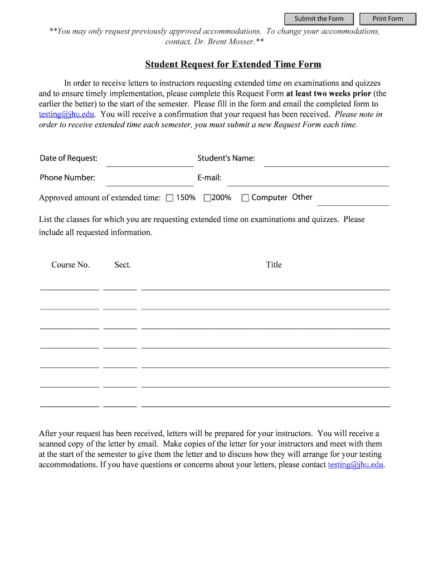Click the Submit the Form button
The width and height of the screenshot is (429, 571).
[x=319, y=19]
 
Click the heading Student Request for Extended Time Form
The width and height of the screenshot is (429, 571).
[x=233, y=65]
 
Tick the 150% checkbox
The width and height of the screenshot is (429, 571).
[x=170, y=198]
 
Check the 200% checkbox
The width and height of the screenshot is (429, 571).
[x=207, y=198]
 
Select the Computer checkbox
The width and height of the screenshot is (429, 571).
[x=244, y=198]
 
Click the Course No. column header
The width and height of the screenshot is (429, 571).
[x=70, y=265]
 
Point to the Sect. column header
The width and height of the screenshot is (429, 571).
[x=123, y=265]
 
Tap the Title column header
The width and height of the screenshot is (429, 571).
[x=274, y=265]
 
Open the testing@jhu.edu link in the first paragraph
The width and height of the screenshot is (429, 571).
[x=66, y=114]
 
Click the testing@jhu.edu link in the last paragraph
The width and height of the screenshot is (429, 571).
[x=355, y=464]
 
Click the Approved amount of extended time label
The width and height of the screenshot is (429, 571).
[x=99, y=198]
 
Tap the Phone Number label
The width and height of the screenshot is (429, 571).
[x=67, y=178]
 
